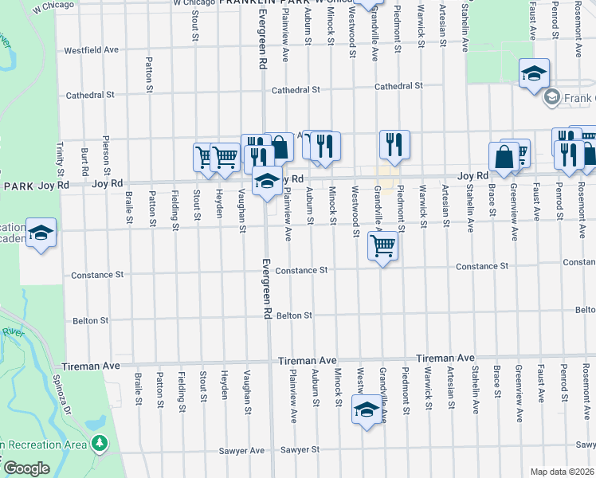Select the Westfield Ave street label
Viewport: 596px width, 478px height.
(x=91, y=49)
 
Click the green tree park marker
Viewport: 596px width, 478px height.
(x=100, y=443)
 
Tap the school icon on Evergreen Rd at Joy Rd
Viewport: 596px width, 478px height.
(x=268, y=181)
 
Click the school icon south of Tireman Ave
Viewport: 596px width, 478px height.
(x=367, y=410)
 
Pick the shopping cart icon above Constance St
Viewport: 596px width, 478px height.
(x=382, y=245)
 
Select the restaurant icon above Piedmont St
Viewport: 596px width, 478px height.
(x=394, y=144)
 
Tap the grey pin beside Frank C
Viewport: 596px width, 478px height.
(x=551, y=97)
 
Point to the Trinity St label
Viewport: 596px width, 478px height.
(x=60, y=159)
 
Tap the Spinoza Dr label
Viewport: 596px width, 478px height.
(x=65, y=388)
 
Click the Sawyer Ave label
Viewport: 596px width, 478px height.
(x=241, y=450)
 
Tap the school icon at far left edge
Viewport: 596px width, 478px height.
(x=41, y=233)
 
